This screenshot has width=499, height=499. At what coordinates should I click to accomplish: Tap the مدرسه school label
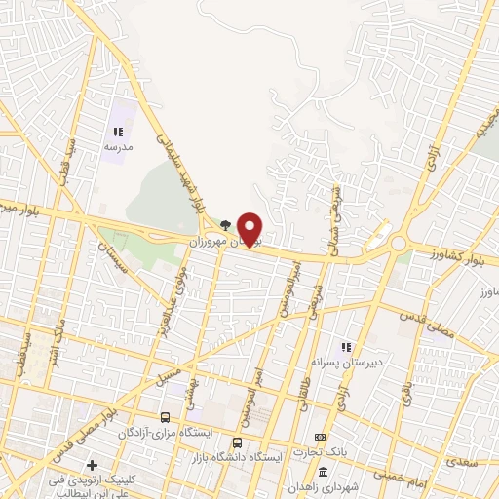point(118,146)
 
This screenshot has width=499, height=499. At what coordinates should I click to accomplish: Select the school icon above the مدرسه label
point(118,132)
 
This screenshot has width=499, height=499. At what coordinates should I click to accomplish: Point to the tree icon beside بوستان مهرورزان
point(226,223)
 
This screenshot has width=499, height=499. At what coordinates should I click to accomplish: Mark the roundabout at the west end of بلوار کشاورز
point(399,245)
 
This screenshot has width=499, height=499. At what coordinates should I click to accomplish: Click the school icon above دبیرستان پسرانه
point(344,346)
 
